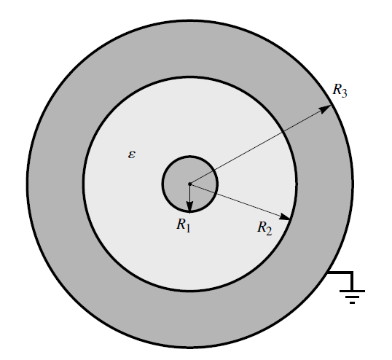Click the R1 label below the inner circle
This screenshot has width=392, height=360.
tap(184, 225)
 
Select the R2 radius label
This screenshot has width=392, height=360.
tap(264, 228)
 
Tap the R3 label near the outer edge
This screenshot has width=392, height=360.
tap(340, 90)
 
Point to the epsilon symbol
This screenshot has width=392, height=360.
tap(132, 154)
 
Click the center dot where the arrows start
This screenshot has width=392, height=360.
tap(189, 184)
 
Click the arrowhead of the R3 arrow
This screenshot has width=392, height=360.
tap(326, 109)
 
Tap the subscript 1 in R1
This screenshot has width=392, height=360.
tap(188, 228)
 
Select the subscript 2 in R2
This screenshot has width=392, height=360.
tap(269, 232)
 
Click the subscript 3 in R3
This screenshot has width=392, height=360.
tap(344, 93)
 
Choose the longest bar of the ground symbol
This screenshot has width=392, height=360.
tap(352, 291)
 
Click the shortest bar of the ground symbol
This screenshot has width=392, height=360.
tap(352, 302)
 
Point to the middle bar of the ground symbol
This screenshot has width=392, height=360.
tap(352, 297)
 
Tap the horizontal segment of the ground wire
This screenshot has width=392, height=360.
tap(340, 273)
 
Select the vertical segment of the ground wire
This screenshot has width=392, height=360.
tap(352, 281)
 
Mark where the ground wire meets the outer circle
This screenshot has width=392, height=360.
tap(328, 273)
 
